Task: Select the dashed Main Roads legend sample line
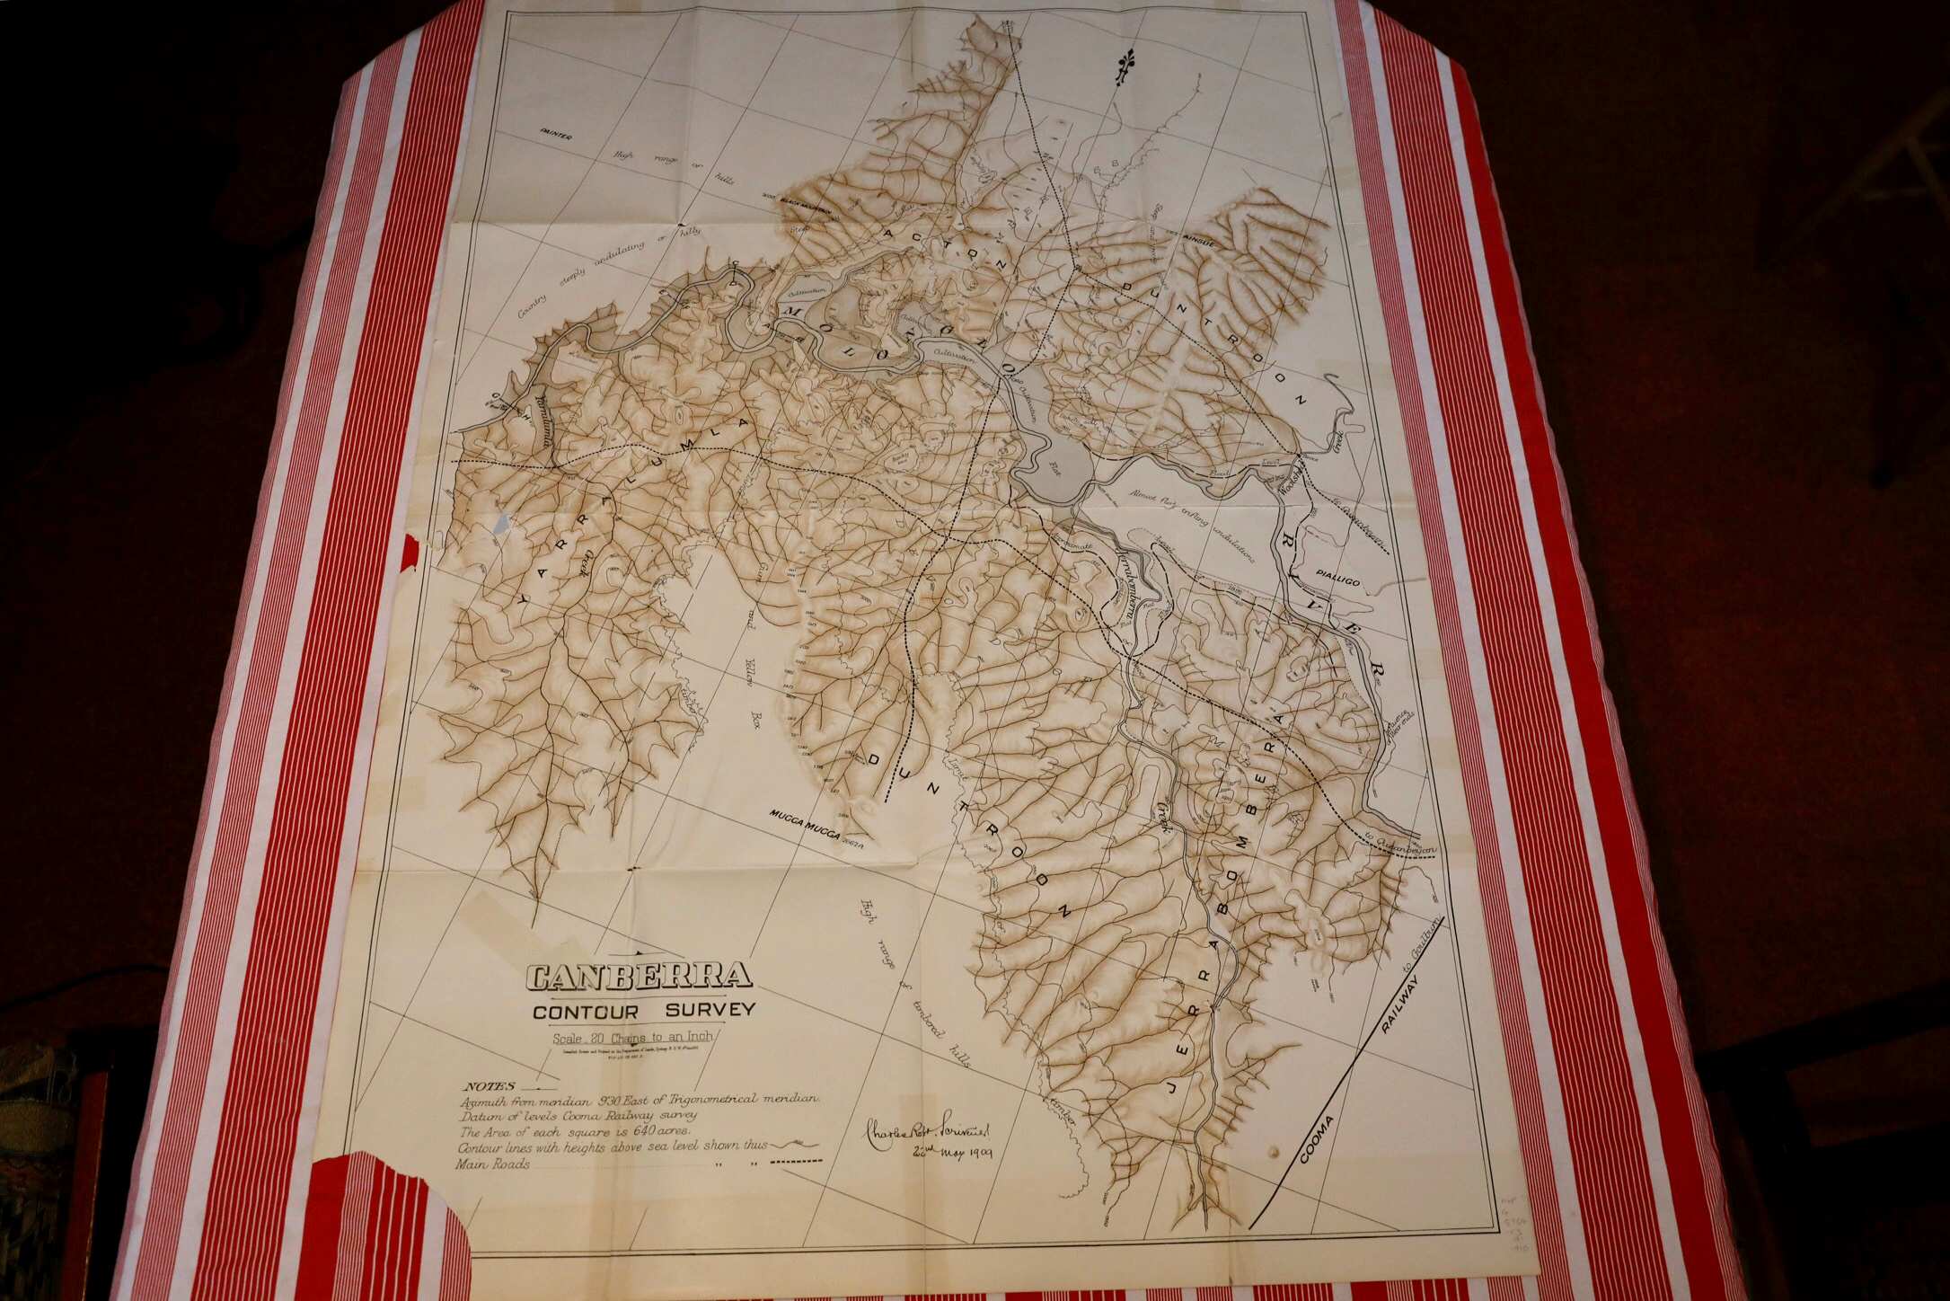(x=797, y=1162)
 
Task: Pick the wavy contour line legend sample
(x=790, y=1144)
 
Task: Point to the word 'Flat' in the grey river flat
(x=1054, y=466)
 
